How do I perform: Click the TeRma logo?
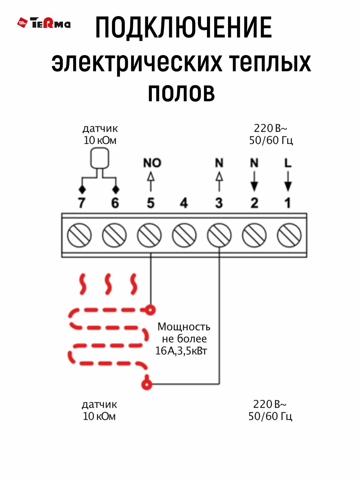(x=44, y=23)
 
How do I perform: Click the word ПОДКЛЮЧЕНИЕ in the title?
(x=183, y=28)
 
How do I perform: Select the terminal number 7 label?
(x=81, y=203)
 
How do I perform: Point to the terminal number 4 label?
(x=184, y=203)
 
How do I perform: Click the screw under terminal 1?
(x=289, y=235)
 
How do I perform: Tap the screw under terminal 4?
(x=184, y=235)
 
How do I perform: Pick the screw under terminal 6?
(x=114, y=235)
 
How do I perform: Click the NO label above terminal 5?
(x=152, y=163)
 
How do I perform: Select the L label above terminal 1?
(x=288, y=163)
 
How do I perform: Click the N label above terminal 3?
(x=219, y=163)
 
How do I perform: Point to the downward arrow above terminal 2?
(x=254, y=181)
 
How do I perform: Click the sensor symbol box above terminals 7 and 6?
(x=100, y=158)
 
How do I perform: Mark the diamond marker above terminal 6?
(x=115, y=190)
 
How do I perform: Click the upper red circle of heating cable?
(x=150, y=309)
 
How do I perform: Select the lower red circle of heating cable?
(x=146, y=384)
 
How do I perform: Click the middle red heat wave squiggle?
(x=108, y=284)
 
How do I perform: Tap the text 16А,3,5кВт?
(x=181, y=351)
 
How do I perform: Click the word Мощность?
(x=184, y=327)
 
